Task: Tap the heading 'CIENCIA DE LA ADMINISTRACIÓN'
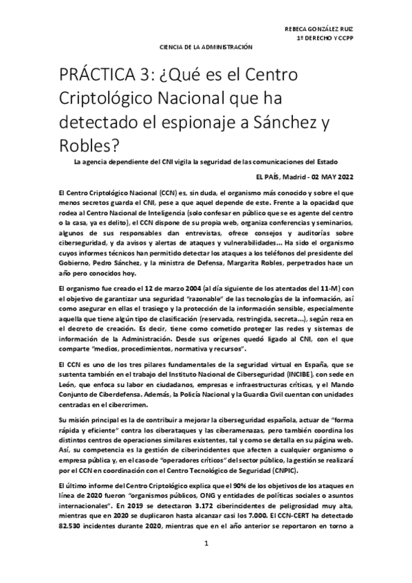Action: point(206,47)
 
